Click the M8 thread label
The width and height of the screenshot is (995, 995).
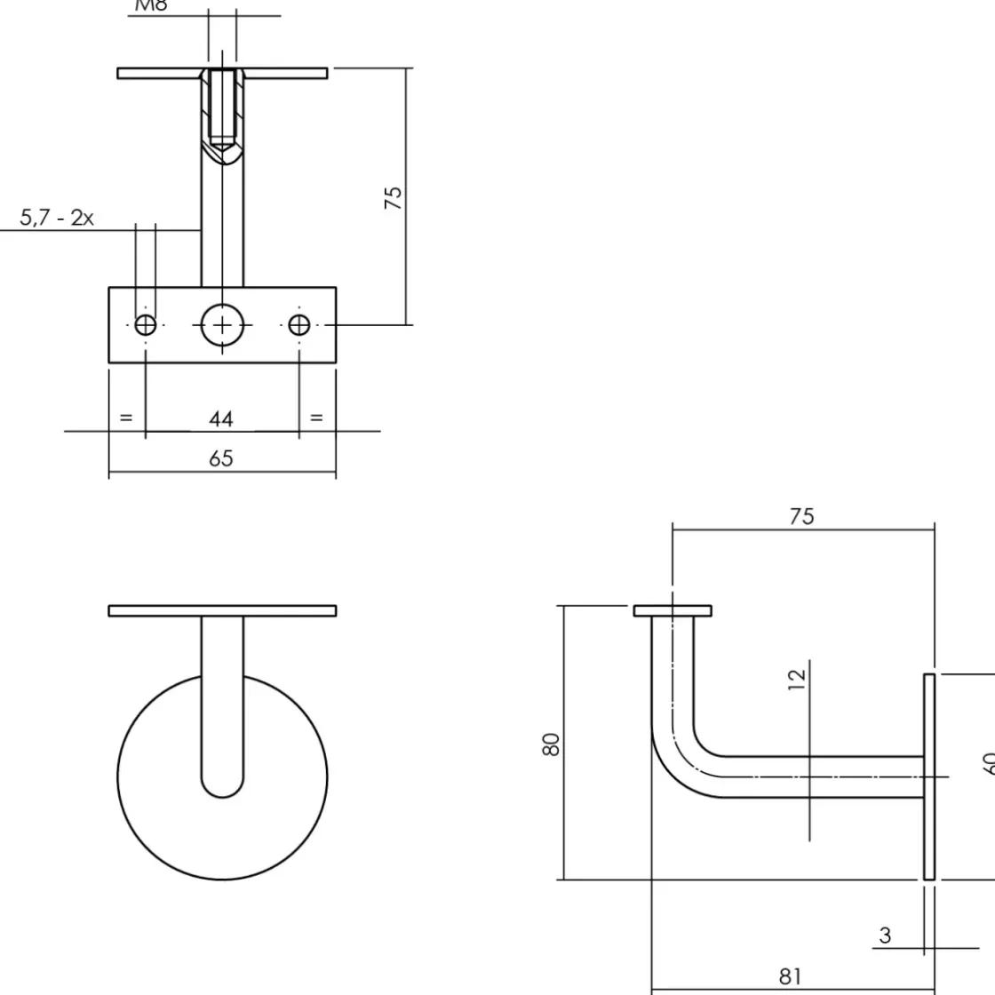point(151,6)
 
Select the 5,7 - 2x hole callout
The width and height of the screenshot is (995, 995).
point(57,218)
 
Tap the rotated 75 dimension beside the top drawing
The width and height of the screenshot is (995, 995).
point(394,196)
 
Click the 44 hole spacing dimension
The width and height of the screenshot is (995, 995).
point(221,418)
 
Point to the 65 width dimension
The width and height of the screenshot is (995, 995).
point(221,458)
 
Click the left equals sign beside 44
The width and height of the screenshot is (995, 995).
point(125,417)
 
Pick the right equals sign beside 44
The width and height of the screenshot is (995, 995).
point(316,417)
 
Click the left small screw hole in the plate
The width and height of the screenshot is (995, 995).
point(146,325)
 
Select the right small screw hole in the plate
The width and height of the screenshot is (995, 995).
point(299,325)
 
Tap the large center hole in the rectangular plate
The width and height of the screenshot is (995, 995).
point(222,325)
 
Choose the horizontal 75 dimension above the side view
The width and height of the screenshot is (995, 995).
point(801,516)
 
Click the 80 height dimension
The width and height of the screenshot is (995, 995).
point(552,744)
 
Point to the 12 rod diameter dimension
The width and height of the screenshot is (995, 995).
point(797,677)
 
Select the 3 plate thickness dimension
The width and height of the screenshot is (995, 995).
point(885,935)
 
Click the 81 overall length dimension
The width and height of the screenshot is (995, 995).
point(790,976)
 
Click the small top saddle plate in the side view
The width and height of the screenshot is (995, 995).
point(673,610)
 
